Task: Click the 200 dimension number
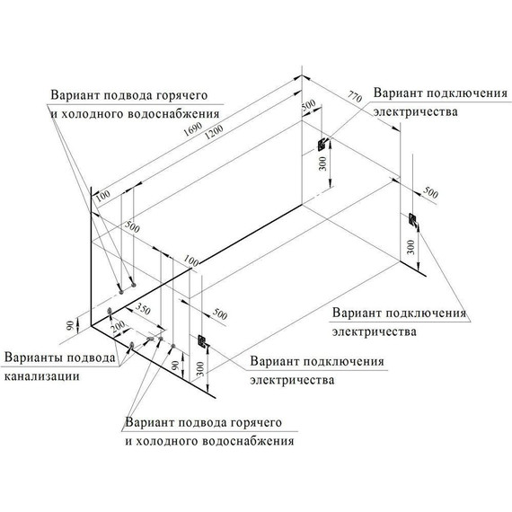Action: (117, 330)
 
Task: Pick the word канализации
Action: (38, 375)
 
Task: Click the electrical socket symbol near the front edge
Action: (202, 342)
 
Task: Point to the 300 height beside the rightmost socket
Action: (410, 244)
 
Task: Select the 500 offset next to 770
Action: (308, 106)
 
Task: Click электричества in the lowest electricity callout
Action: (294, 379)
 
